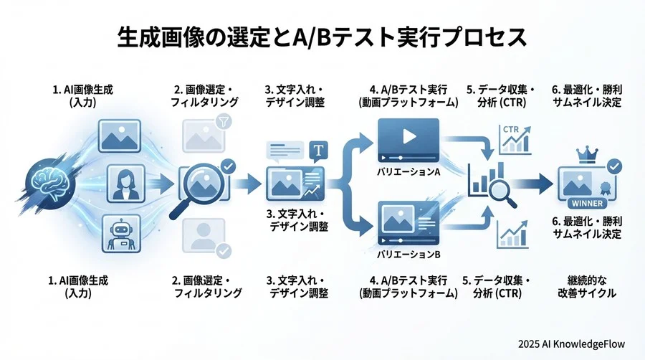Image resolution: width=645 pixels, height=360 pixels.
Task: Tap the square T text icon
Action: point(317,151)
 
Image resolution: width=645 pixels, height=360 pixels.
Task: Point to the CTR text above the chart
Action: point(511,129)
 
